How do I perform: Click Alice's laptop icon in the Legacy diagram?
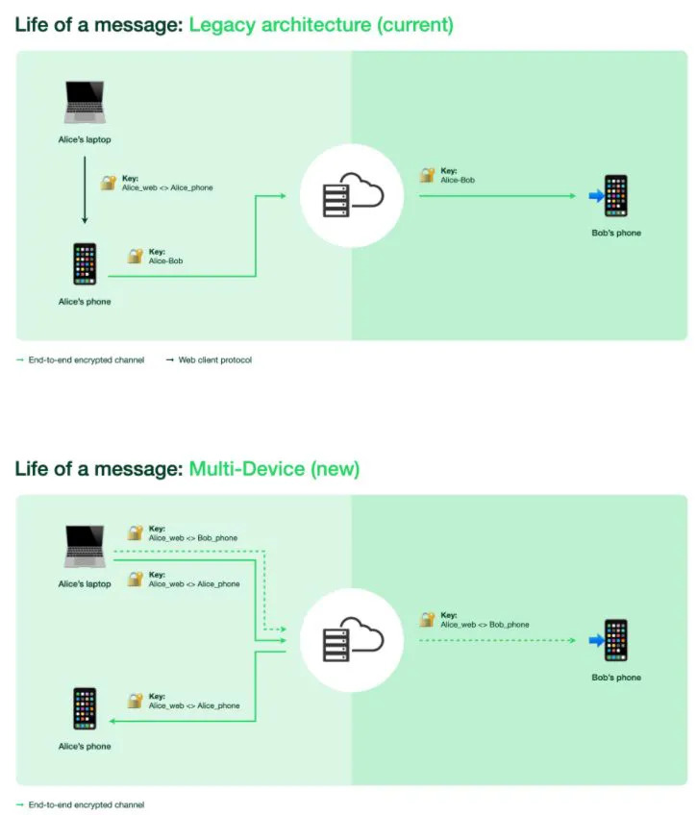click(x=85, y=103)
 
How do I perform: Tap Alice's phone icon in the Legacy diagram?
click(x=85, y=263)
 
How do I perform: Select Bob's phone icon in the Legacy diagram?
click(x=615, y=196)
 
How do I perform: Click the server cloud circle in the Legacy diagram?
click(x=351, y=196)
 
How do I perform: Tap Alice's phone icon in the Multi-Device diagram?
click(x=85, y=708)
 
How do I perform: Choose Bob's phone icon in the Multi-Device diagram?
click(x=615, y=640)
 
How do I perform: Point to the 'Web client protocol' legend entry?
click(x=213, y=360)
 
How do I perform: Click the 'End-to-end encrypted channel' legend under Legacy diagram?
click(x=86, y=360)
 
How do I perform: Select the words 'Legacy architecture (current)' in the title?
click(x=320, y=25)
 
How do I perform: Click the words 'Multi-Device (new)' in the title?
click(x=274, y=469)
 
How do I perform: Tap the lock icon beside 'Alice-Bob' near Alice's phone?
click(x=135, y=257)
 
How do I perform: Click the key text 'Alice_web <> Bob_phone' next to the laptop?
click(x=192, y=538)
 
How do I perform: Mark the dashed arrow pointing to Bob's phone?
click(x=500, y=640)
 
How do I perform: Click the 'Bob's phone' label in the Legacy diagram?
click(x=615, y=234)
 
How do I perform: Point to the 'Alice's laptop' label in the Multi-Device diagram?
click(x=85, y=584)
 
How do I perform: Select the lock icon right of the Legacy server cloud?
click(x=427, y=176)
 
